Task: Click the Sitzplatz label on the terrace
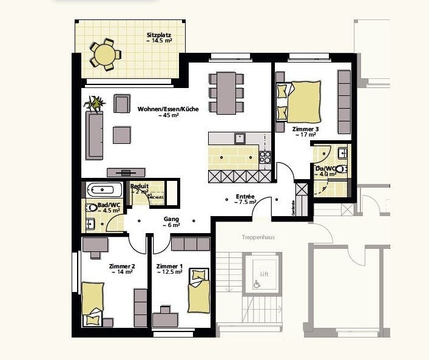coord(159,36)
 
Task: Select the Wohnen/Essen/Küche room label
coord(167,109)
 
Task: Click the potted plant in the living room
coord(96,103)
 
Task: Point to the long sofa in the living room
coord(94,135)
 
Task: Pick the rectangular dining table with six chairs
coord(226,92)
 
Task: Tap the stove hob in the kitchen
coord(265,158)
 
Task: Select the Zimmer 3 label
coord(305,129)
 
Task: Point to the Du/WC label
coord(325,168)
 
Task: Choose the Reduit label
coord(140,186)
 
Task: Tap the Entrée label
coord(245,197)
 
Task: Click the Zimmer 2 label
coord(121,267)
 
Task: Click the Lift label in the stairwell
coord(263,274)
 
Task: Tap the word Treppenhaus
coord(258,237)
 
